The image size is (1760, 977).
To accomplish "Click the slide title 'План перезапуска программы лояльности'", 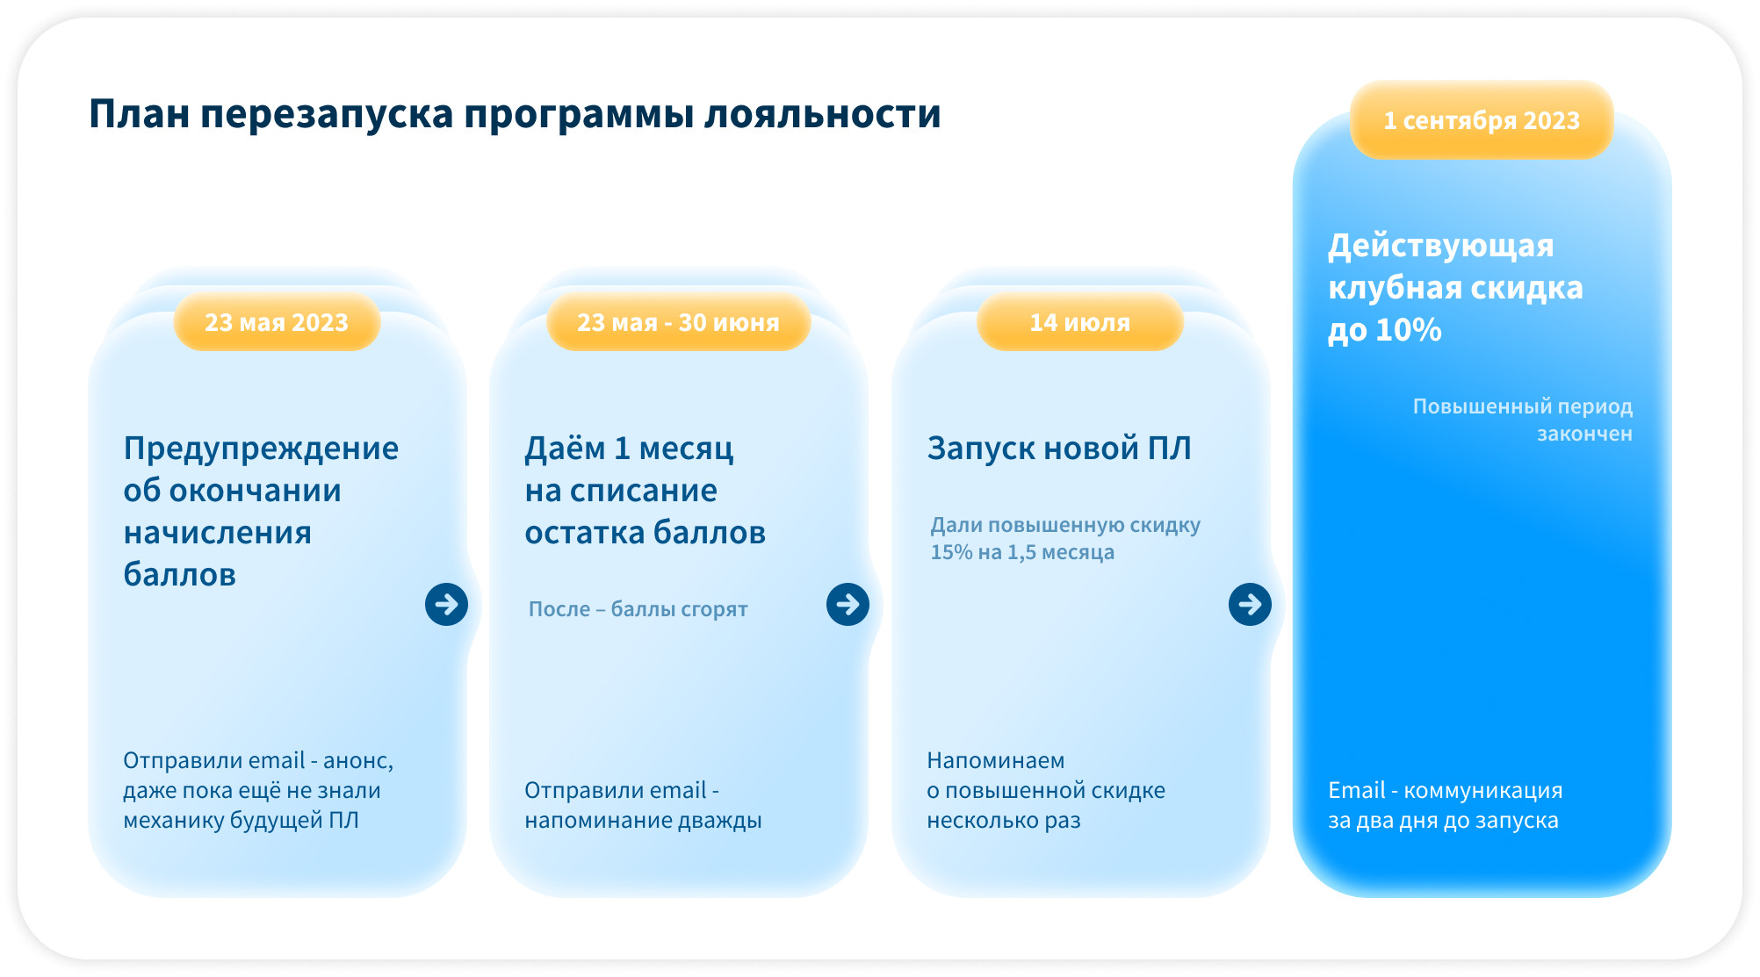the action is click(x=515, y=115).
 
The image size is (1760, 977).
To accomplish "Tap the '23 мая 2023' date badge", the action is click(x=277, y=322).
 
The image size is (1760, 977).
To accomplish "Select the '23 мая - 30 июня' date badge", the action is click(x=678, y=322).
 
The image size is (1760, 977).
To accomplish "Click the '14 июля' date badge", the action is click(x=1080, y=322).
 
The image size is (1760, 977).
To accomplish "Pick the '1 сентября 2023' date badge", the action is click(x=1482, y=120).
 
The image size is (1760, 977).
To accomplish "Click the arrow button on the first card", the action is click(x=446, y=604).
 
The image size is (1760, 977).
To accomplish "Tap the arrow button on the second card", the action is click(x=848, y=604).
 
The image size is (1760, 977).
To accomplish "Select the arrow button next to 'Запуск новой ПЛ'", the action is click(x=1250, y=604).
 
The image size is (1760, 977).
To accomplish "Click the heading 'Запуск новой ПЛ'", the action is click(x=1059, y=449).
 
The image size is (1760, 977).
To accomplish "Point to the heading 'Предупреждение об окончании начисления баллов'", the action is click(x=261, y=511).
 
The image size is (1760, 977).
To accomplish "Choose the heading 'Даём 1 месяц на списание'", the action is click(x=645, y=490).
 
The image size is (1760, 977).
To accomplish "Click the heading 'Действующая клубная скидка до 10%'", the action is click(x=1455, y=288).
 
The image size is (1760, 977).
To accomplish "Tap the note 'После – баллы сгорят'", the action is click(x=638, y=609).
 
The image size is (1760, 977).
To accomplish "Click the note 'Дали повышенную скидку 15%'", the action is click(x=1065, y=538).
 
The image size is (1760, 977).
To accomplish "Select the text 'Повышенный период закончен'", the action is click(x=1523, y=420).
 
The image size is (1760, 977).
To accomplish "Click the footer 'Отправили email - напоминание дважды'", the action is click(x=643, y=805).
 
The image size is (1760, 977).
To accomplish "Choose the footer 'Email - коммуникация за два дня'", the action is click(x=1445, y=805).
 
